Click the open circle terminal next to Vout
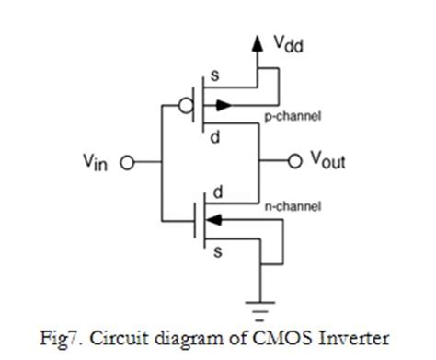pyautogui.click(x=294, y=162)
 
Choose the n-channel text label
pyautogui.click(x=291, y=206)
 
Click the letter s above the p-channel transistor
pyautogui.click(x=217, y=75)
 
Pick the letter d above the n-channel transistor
pyautogui.click(x=218, y=189)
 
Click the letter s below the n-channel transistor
pyautogui.click(x=217, y=251)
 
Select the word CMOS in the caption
pyautogui.click(x=275, y=334)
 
